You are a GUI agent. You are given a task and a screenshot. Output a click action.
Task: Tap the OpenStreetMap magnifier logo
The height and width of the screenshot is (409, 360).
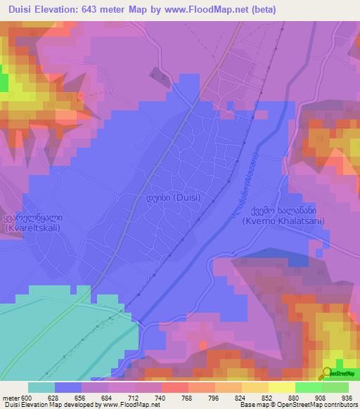(x=327, y=373)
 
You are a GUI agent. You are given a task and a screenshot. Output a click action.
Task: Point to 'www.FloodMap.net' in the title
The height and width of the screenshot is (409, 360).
(x=204, y=11)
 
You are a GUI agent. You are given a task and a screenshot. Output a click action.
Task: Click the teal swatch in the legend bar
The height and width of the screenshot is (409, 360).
(x=41, y=387)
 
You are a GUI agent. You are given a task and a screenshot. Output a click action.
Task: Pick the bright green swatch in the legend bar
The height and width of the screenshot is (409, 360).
(x=308, y=387)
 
